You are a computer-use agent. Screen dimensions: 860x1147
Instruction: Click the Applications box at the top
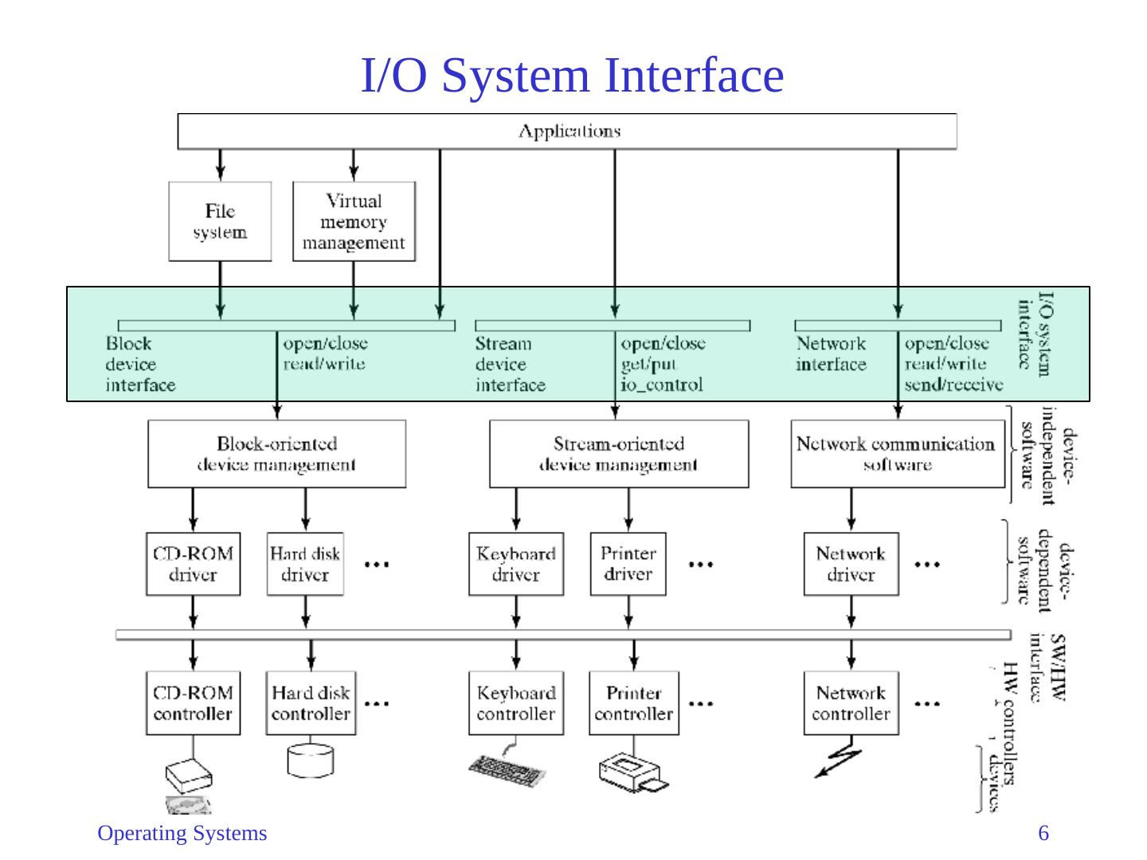coord(567,131)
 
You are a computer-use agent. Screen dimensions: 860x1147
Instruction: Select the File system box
coord(220,221)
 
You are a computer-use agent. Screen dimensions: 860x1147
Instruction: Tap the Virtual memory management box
coord(354,221)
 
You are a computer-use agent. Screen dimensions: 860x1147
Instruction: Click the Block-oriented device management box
coord(276,454)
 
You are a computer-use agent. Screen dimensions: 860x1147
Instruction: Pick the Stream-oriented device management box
coord(618,454)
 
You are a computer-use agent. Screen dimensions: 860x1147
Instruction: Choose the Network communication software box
coord(897,454)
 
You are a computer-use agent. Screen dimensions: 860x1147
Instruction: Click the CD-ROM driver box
coord(193,564)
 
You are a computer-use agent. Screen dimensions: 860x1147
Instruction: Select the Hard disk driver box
coord(305,564)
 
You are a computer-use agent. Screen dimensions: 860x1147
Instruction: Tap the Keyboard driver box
coord(516,564)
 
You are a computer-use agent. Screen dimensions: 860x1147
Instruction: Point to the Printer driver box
coord(628,564)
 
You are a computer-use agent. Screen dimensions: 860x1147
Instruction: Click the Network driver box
coord(851,564)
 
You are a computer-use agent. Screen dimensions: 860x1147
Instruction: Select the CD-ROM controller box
coord(193,703)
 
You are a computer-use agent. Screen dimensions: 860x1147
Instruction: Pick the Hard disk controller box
coord(311,703)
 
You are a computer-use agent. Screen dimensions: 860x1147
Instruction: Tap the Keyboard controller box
coord(516,703)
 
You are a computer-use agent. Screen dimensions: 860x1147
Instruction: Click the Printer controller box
coord(633,703)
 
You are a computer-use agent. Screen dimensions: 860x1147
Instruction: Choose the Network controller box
coord(851,703)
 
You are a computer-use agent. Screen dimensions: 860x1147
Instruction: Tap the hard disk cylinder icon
coord(310,760)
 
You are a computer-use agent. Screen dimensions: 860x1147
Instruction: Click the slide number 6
coord(1043,834)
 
